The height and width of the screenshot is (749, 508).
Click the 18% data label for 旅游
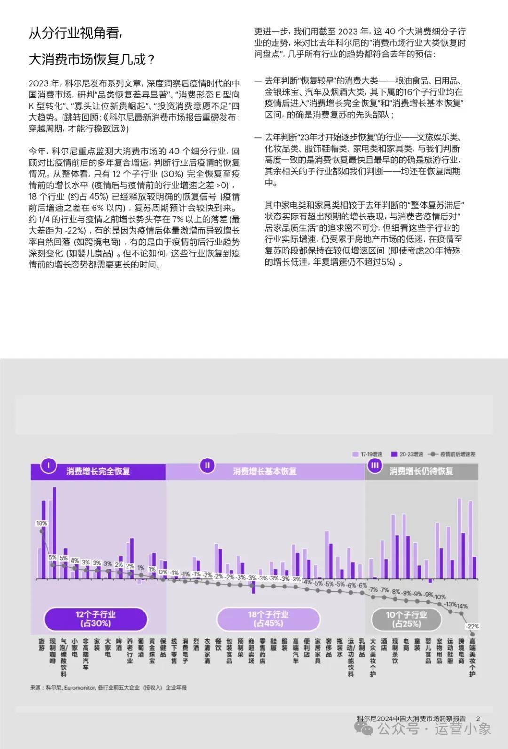(41, 523)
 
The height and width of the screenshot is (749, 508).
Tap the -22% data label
(472, 626)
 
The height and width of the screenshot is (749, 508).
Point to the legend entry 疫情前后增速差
(453, 454)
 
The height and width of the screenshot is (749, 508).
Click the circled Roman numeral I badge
(48, 466)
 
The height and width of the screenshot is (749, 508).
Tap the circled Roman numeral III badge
(375, 466)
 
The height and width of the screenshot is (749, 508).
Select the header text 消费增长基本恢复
(265, 471)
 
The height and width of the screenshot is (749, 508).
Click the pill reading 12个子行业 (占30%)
(95, 619)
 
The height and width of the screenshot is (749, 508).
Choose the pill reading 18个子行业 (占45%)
(268, 619)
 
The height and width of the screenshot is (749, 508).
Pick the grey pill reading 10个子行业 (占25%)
(406, 619)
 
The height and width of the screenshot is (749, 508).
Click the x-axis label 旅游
(41, 644)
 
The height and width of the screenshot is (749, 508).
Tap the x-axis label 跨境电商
(461, 651)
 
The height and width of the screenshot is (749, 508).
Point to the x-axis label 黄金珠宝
(152, 651)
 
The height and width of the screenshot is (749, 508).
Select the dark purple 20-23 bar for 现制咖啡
(55, 532)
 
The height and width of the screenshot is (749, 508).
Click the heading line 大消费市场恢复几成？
(92, 60)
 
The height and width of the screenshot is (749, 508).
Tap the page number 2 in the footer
(478, 718)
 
